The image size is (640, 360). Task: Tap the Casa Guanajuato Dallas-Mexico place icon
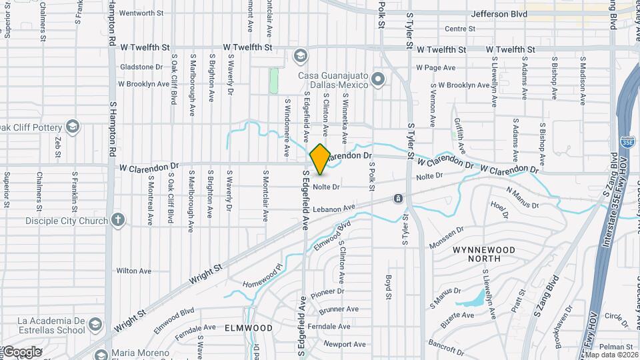click(x=379, y=81)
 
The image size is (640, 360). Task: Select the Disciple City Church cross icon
click(x=118, y=219)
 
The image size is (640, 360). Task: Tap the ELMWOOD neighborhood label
click(x=249, y=328)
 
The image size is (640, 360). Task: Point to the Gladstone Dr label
click(x=141, y=67)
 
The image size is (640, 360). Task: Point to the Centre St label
click(x=460, y=29)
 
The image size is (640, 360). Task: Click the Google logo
click(x=21, y=351)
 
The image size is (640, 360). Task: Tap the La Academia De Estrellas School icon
click(x=95, y=325)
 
